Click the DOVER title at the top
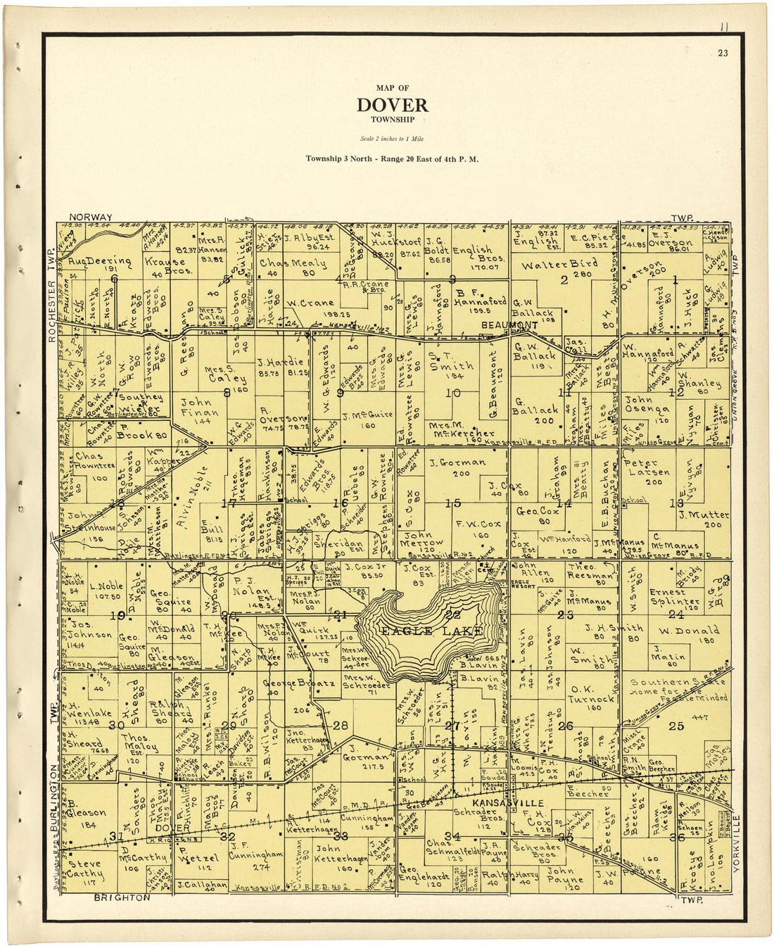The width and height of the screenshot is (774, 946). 392,106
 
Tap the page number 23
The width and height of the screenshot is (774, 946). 723,53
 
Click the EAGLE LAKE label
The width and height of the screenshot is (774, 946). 431,631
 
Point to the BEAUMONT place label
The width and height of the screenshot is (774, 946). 509,325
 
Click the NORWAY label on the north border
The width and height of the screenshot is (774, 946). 91,217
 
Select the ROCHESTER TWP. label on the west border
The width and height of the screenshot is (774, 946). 51,296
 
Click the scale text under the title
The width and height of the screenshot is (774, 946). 392,139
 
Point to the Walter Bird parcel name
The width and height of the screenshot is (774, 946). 559,265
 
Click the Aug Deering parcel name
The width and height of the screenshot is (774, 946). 100,261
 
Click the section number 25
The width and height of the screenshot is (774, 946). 675,726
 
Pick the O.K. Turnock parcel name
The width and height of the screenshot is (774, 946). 592,694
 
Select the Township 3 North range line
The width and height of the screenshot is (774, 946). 392,159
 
